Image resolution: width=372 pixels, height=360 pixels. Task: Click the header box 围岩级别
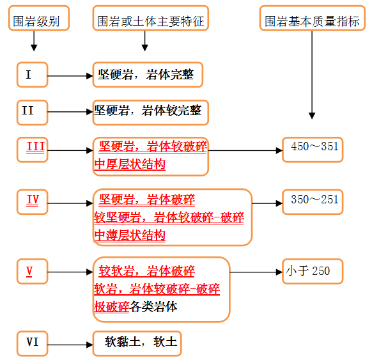coord(39,19)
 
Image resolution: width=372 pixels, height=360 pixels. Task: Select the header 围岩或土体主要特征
coord(151,19)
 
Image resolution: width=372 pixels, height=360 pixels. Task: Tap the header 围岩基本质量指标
coord(313,19)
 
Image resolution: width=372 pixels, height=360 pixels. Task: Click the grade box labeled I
coord(32,75)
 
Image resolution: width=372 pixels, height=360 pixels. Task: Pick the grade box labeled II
coord(32,113)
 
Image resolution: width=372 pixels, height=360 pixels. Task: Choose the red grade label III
coord(36,146)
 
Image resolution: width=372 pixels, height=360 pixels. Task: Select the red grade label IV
coord(33,200)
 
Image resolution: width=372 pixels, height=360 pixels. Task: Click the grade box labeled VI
coord(32,343)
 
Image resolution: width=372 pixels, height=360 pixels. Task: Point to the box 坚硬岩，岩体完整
coord(148,75)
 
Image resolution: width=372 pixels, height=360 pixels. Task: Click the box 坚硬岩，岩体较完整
coord(151,113)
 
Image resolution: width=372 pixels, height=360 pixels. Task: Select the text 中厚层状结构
coord(130,164)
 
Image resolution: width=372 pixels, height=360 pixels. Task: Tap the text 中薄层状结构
coord(130,235)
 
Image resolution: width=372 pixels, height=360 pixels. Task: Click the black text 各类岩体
coord(153,307)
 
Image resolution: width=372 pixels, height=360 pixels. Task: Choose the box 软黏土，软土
coord(137,343)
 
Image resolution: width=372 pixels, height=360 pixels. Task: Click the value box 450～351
coord(313,150)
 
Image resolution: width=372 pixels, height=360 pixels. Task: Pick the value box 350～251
coord(313,202)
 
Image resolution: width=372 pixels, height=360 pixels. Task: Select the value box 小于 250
coord(313,271)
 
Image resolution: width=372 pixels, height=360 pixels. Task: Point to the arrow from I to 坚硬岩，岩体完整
coord(70,76)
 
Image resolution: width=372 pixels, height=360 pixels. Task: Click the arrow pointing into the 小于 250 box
coord(256,272)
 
